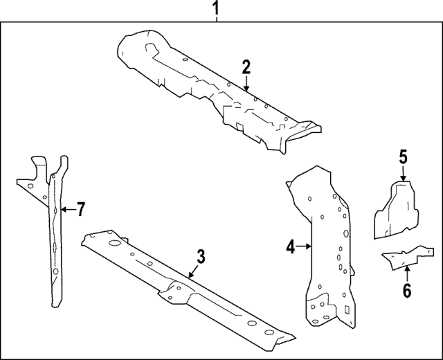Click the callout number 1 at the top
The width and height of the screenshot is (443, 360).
pyautogui.click(x=217, y=9)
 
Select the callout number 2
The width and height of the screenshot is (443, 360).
pyautogui.click(x=246, y=67)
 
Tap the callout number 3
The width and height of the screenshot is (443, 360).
pyautogui.click(x=201, y=258)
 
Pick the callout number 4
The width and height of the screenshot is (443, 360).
pyautogui.click(x=291, y=245)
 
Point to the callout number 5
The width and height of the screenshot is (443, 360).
pyautogui.click(x=404, y=156)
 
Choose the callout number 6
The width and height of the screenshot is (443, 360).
pyautogui.click(x=406, y=291)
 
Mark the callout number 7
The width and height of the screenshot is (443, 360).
pyautogui.click(x=80, y=208)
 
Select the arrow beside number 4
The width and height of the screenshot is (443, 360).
pyautogui.click(x=305, y=245)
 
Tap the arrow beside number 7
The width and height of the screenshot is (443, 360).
pyautogui.click(x=66, y=208)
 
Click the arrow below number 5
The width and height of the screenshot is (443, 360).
pyautogui.click(x=404, y=174)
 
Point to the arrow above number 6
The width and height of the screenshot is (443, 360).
pyautogui.click(x=406, y=273)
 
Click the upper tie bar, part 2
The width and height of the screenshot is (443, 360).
pyautogui.click(x=208, y=87)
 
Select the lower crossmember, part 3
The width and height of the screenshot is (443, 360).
pyautogui.click(x=173, y=284)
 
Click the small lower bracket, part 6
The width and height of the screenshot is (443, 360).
pyautogui.click(x=405, y=256)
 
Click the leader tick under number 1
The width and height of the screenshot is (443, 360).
pyautogui.click(x=217, y=20)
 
